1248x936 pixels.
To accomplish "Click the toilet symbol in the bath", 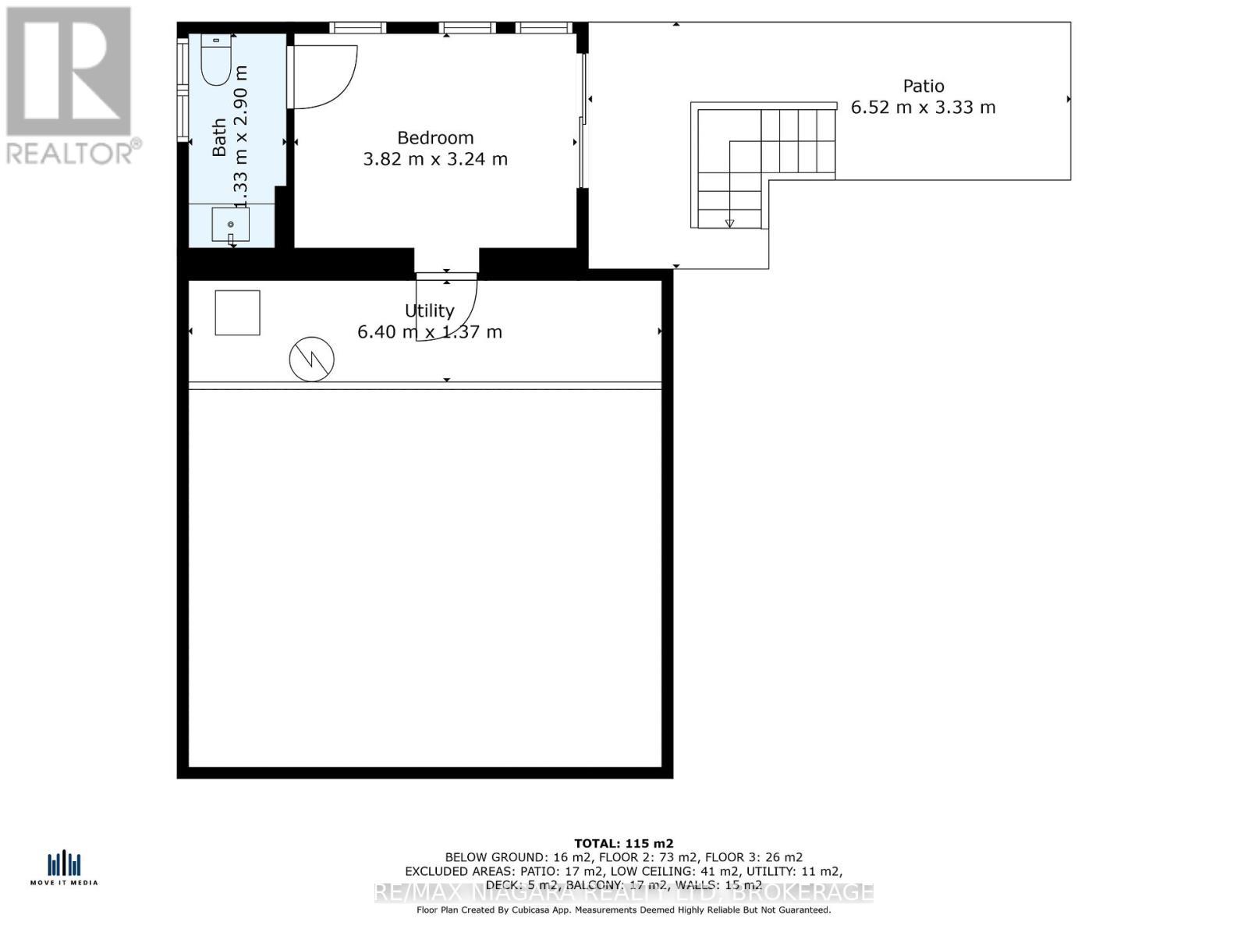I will point(216,60).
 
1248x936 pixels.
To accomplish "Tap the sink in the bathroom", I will point(231,225).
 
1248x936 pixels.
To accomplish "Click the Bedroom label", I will point(435,138).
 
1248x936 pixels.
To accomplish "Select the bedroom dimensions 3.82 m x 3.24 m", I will point(435,159).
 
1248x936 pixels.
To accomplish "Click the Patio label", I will point(924,86).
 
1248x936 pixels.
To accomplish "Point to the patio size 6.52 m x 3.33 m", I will point(923,108).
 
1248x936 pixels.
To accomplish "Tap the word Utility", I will point(429,310).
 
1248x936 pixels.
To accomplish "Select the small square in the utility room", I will point(237,313).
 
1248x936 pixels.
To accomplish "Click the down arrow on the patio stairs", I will point(729,223).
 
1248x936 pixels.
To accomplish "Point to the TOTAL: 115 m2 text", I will point(623,843).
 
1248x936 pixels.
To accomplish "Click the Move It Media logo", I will point(64,868).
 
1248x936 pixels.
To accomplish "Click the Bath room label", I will point(219,137).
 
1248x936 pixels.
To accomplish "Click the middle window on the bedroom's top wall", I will point(466,28).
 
